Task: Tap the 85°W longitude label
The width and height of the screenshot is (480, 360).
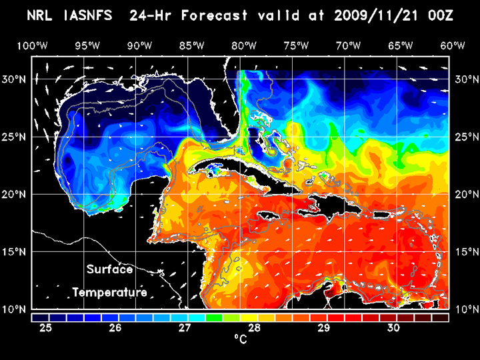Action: [191, 45]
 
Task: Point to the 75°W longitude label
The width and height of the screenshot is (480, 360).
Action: [297, 45]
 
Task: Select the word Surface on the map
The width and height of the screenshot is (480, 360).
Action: [110, 270]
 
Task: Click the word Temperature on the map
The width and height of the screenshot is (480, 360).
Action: [110, 293]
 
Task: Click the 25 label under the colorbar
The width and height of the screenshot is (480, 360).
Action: [46, 327]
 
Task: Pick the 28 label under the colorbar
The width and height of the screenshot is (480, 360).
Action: [255, 327]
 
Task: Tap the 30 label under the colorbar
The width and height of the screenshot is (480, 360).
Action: [393, 327]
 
